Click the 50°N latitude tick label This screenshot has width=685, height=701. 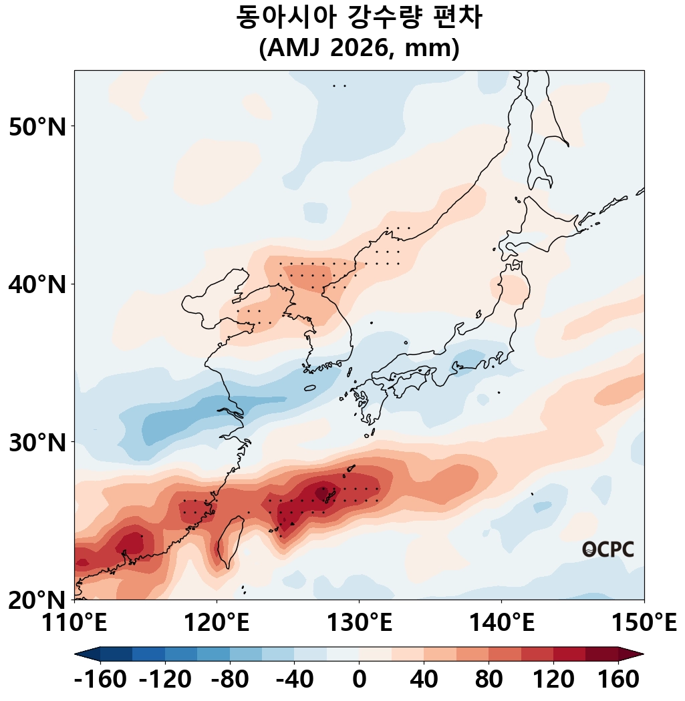38,126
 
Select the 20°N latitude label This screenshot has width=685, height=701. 38,600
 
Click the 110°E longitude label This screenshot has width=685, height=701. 74,624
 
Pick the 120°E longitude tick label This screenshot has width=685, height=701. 217,624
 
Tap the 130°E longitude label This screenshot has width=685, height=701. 359,624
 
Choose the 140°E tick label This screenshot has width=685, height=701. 501,624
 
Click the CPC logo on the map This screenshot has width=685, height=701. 607,549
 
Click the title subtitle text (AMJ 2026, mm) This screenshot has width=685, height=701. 359,49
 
